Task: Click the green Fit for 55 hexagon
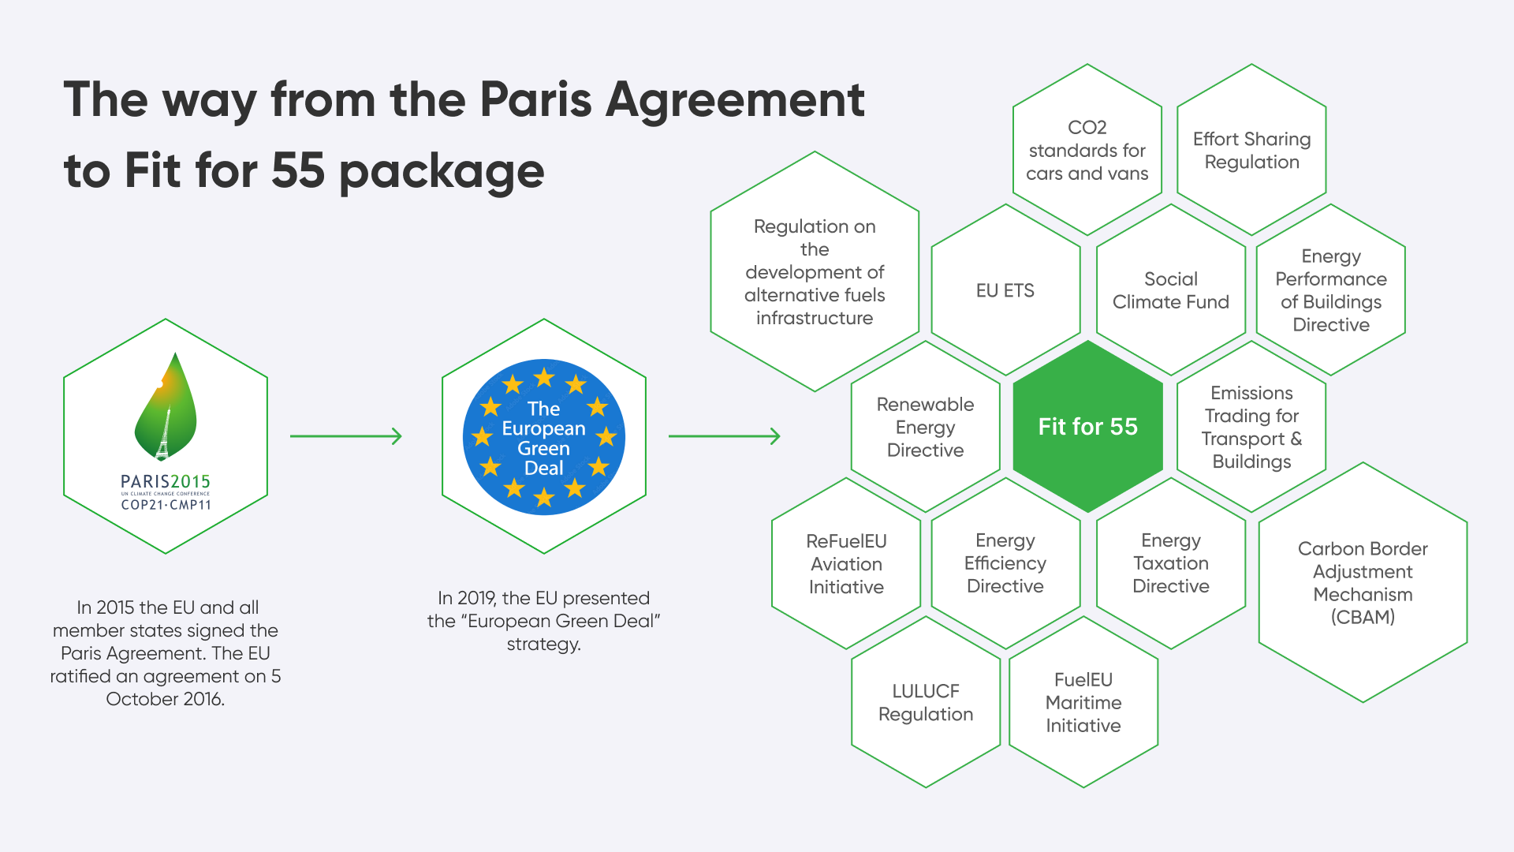(x=1087, y=427)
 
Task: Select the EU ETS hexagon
(x=1005, y=290)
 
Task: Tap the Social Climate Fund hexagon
(x=1171, y=290)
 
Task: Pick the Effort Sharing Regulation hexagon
(x=1251, y=150)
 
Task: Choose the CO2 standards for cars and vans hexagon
(x=1087, y=150)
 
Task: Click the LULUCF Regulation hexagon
(x=926, y=702)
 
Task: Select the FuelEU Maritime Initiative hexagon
(x=1083, y=702)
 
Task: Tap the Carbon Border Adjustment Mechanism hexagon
(x=1363, y=582)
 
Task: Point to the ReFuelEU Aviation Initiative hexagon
(x=846, y=563)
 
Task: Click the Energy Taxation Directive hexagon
(x=1171, y=563)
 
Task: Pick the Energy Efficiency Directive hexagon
(x=1005, y=563)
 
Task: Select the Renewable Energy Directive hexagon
(x=926, y=427)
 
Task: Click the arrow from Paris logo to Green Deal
(x=346, y=436)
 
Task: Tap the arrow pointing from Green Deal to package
(x=725, y=436)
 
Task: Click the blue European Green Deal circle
(x=544, y=437)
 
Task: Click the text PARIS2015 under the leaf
(x=166, y=481)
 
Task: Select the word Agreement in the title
(x=735, y=100)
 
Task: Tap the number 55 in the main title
(x=298, y=170)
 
